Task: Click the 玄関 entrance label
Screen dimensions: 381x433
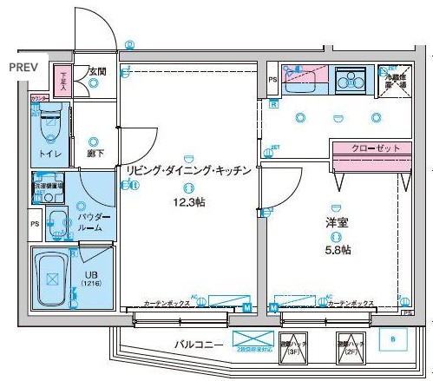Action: click(x=96, y=71)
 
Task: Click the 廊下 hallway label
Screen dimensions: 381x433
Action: click(x=94, y=154)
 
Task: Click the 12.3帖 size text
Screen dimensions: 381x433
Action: click(x=187, y=202)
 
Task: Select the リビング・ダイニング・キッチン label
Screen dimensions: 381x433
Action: click(x=188, y=171)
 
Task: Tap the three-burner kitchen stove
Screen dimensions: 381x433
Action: click(x=352, y=81)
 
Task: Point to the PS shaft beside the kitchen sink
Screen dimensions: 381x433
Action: click(x=272, y=80)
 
